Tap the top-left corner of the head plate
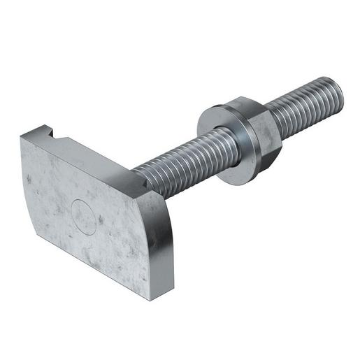[22, 138]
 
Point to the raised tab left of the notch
[35, 131]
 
